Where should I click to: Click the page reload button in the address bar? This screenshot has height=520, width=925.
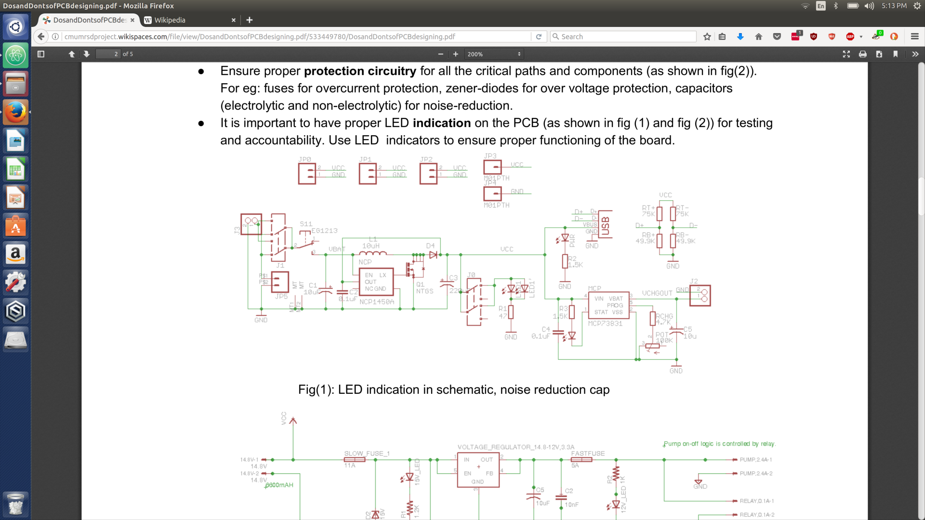539,37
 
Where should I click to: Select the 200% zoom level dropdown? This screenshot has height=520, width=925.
493,54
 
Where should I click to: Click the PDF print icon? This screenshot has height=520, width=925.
862,54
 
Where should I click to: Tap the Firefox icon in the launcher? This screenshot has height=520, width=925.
15,112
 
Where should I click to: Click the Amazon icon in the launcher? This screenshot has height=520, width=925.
15,254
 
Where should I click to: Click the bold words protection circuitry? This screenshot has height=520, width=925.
360,71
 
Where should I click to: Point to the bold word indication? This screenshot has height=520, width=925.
441,123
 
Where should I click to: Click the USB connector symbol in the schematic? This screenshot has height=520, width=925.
605,224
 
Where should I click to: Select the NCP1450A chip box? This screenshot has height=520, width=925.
376,282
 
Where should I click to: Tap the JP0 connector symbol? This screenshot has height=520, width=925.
307,174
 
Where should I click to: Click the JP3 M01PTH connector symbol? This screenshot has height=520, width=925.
492,167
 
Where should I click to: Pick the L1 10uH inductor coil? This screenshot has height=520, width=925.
372,253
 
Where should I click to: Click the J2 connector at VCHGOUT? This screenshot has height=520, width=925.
700,295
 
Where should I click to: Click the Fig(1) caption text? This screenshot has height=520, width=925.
453,390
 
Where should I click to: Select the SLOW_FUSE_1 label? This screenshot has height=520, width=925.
367,454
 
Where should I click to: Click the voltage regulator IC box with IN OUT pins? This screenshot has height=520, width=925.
478,470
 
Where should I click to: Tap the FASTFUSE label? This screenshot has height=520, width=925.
587,454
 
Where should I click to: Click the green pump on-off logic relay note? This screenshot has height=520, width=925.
719,444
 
